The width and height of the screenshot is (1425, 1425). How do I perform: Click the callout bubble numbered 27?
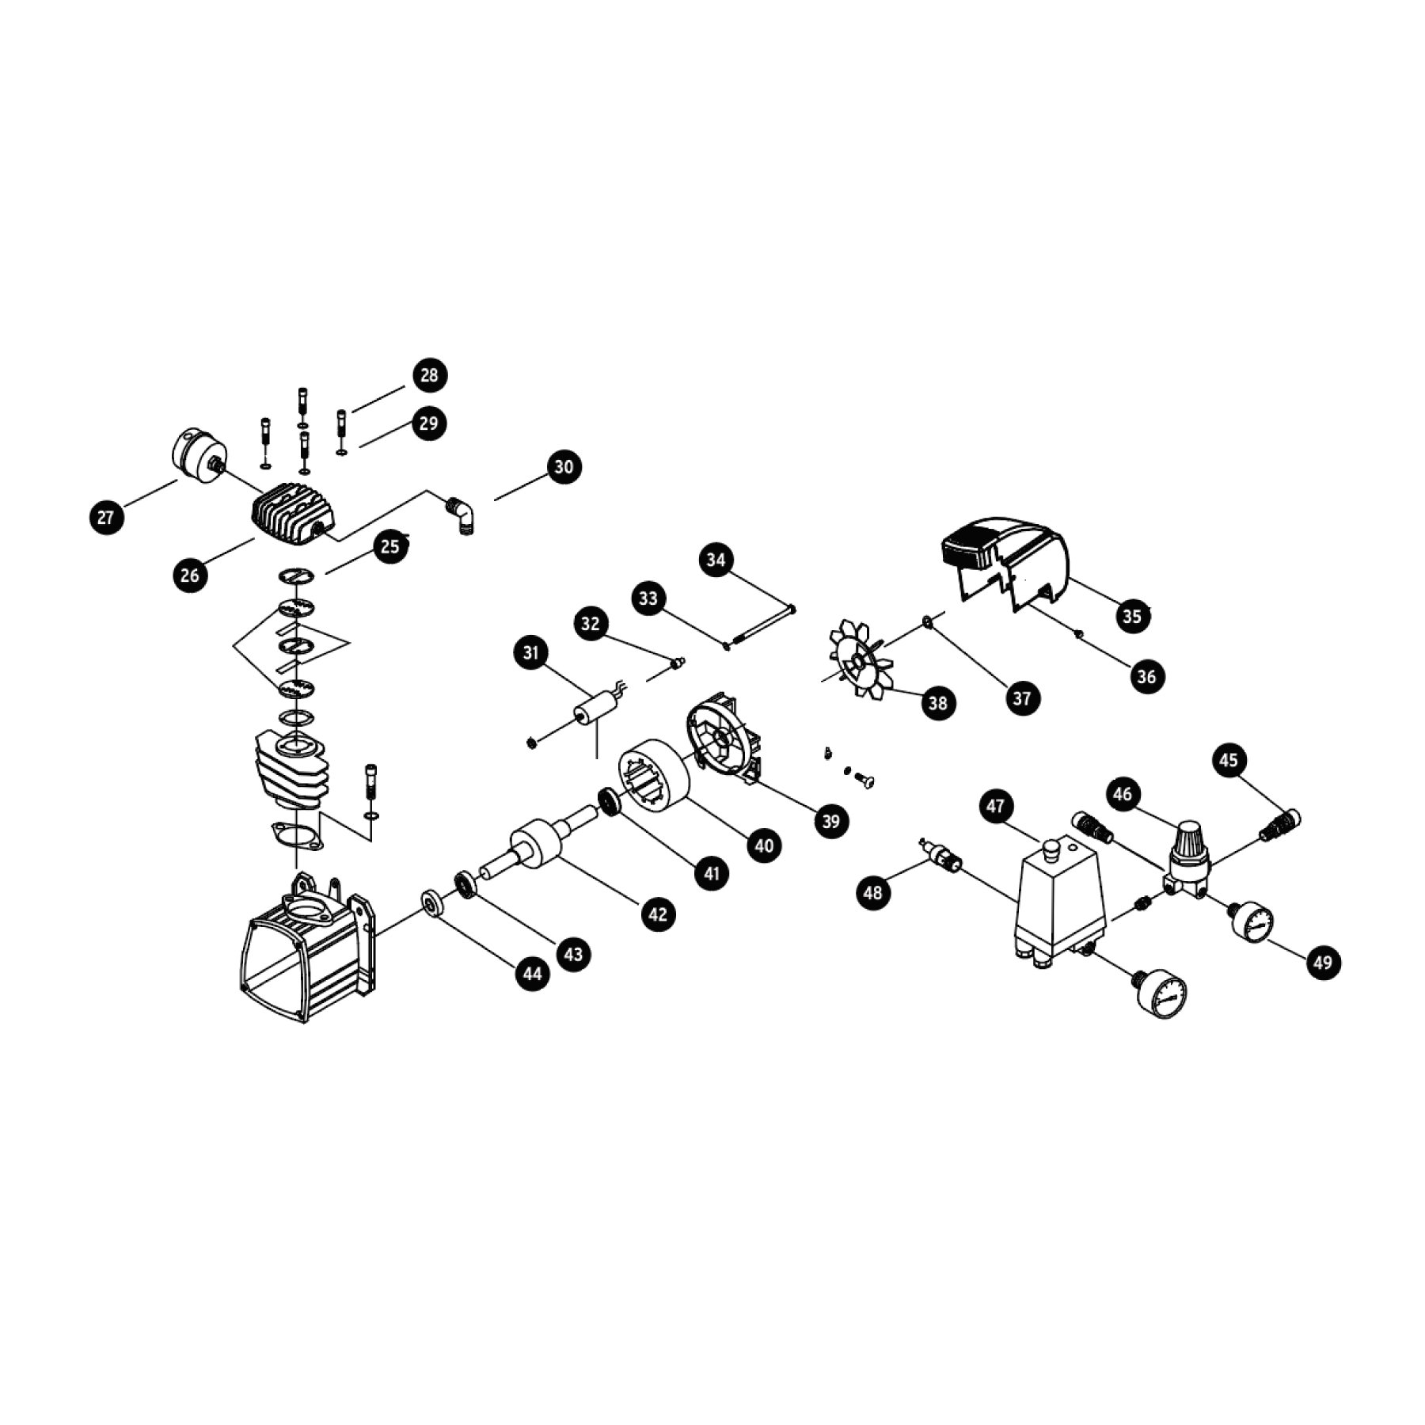106,518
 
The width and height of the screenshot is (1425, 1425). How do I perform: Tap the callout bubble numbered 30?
564,466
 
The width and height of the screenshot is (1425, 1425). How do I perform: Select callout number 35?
1132,616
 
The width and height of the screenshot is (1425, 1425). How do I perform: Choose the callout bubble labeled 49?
1323,963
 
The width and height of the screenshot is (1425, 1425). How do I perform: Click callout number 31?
530,652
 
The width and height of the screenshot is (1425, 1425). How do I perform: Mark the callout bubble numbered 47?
996,807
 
